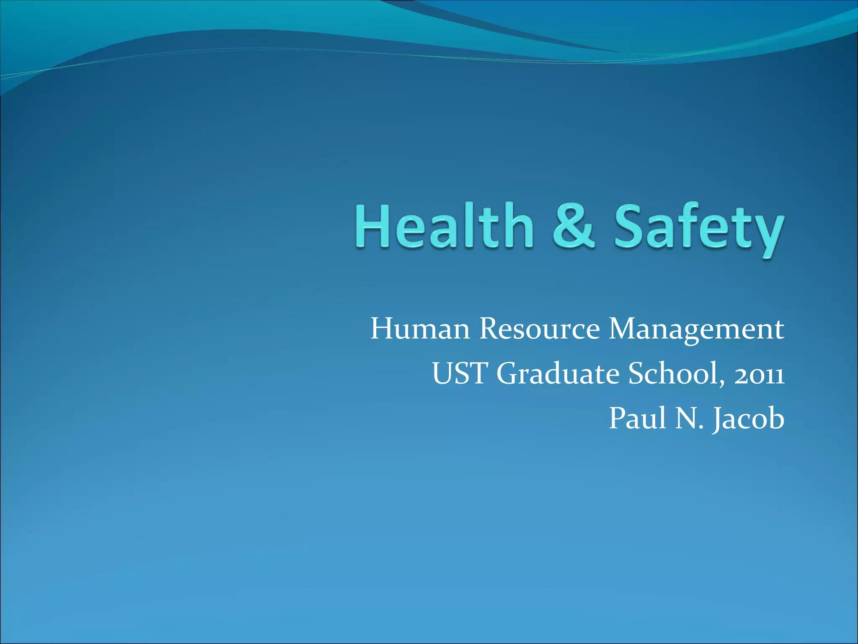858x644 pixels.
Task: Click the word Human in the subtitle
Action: pyautogui.click(x=420, y=329)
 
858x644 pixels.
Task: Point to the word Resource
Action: pyautogui.click(x=539, y=329)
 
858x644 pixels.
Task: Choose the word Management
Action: pyautogui.click(x=696, y=329)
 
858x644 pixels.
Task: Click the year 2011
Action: pyautogui.click(x=759, y=374)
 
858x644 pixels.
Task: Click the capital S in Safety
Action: pyautogui.click(x=630, y=226)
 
